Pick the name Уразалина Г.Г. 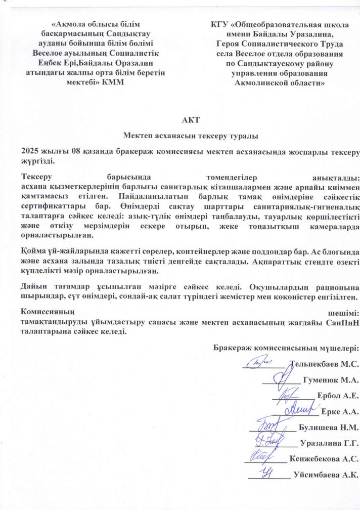[x=329, y=444]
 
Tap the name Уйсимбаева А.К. [x=326, y=475]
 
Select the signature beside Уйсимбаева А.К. [x=268, y=473]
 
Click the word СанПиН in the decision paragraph [x=342, y=323]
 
